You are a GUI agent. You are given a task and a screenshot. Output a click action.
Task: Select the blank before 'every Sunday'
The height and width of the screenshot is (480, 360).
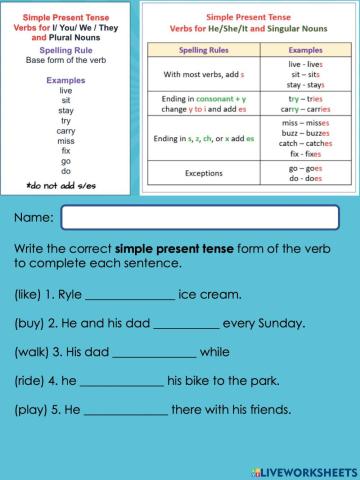point(187,325)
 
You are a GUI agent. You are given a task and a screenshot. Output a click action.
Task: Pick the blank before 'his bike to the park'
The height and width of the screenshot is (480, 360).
point(120,382)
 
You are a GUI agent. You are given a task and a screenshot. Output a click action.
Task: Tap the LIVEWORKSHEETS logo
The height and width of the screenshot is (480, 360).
point(297,467)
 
